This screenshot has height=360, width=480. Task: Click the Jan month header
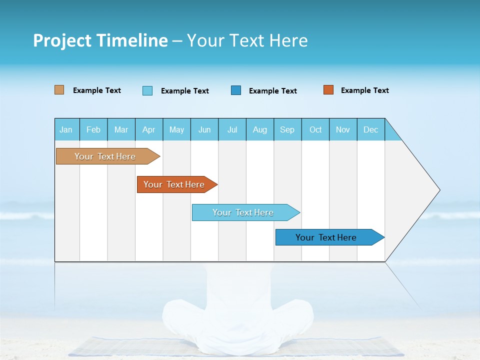coord(66,129)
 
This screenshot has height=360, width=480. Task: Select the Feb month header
coord(93,129)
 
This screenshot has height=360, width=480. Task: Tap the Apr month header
coord(149,129)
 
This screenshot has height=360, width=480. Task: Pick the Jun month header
coord(204,129)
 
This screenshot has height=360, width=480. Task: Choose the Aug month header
coord(260,129)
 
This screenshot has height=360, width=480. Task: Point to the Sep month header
coord(287,129)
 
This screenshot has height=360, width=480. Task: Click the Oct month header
coord(315,129)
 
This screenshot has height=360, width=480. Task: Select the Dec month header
coord(371,129)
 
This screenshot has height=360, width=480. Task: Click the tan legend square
coord(59,90)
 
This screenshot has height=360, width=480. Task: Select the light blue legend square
coord(147,90)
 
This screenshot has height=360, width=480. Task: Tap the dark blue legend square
coord(236,90)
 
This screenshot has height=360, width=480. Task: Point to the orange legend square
coord(328,90)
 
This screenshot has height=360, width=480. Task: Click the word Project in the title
coord(62,40)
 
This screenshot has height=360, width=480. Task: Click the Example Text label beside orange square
coord(364,90)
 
